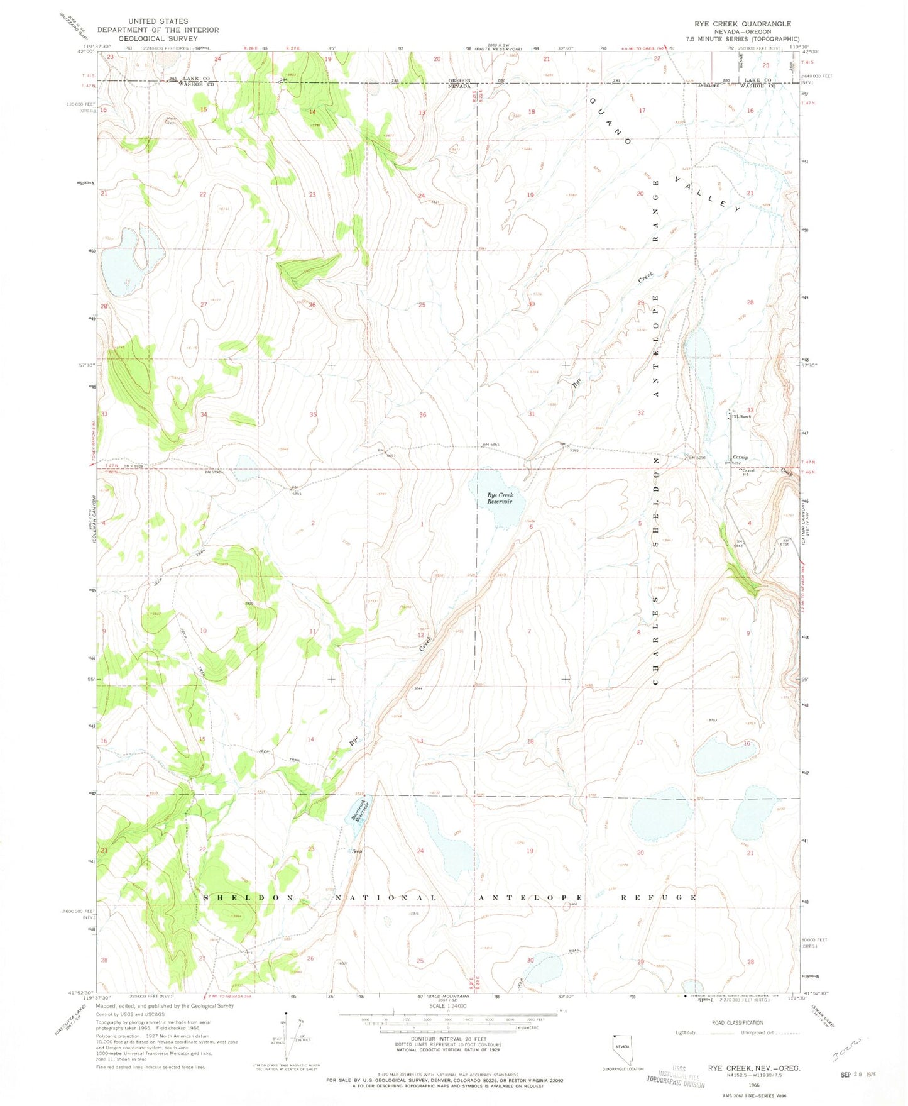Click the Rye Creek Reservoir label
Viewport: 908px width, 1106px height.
(x=500, y=498)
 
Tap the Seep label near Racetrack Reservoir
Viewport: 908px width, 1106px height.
(x=356, y=851)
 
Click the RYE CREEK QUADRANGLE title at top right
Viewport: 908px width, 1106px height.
(x=742, y=24)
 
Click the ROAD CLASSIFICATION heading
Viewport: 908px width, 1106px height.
(x=738, y=1023)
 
